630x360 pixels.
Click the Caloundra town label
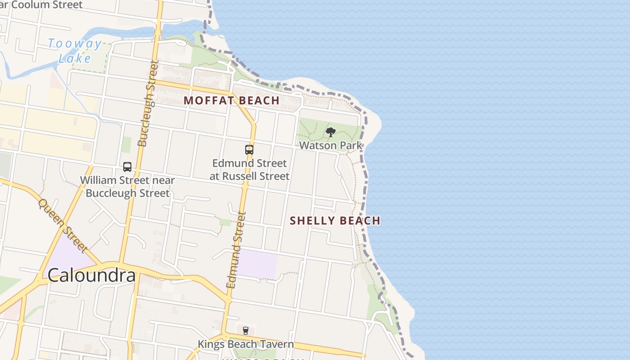click(91, 275)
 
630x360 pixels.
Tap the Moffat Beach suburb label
click(231, 100)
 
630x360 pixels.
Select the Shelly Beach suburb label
click(335, 220)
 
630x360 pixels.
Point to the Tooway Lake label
click(75, 51)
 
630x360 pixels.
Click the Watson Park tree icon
click(331, 132)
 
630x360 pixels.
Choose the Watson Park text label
click(331, 145)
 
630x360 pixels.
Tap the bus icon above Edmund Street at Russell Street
click(249, 149)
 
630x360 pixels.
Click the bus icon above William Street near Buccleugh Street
click(127, 167)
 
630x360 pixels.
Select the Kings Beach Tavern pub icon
click(245, 331)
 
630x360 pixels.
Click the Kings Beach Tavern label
click(246, 344)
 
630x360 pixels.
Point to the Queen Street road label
click(63, 225)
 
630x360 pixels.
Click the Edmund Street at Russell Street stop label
click(249, 169)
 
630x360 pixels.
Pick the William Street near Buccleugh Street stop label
click(127, 187)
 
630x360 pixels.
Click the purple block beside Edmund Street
click(256, 263)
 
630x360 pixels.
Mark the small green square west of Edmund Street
click(225, 222)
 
